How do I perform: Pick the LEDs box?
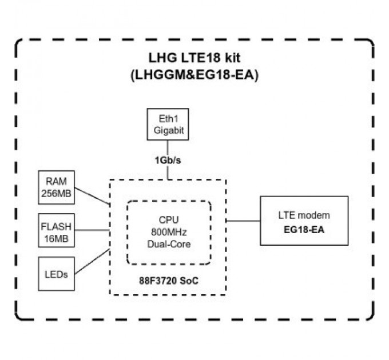coord(56,274)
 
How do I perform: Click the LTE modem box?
coord(304,221)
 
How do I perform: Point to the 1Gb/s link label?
coord(168,160)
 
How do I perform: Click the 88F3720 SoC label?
coord(168,282)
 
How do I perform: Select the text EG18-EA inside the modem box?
coord(304,228)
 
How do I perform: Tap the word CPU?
coord(168,220)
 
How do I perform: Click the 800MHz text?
coord(168,232)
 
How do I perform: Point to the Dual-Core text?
coord(168,243)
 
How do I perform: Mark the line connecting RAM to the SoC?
coord(92,195)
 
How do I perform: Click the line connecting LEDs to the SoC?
coord(92,261)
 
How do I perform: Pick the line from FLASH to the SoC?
coord(92,230)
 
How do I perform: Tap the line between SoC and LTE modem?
coord(243,221)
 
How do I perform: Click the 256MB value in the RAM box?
coord(56,194)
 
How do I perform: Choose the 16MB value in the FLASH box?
coord(56,238)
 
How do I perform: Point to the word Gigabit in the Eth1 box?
coord(168,130)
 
